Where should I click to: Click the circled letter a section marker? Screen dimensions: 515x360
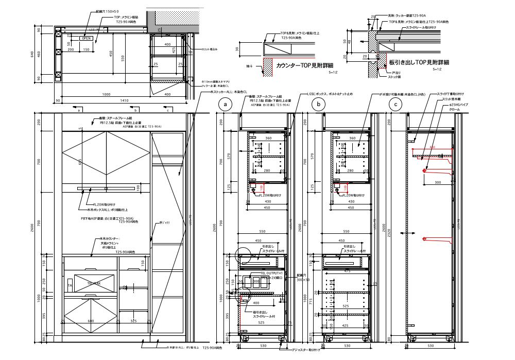pyautogui.click(x=224, y=104)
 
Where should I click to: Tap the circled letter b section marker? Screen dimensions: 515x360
pyautogui.click(x=320, y=104)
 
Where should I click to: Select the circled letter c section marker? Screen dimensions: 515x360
pyautogui.click(x=396, y=104)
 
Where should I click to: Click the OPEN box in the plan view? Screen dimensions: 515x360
pyautogui.click(x=85, y=38)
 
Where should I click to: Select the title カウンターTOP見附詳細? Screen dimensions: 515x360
pyautogui.click(x=305, y=66)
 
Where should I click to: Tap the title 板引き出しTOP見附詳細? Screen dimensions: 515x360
pyautogui.click(x=418, y=62)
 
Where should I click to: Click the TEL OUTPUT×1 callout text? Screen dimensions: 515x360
pyautogui.click(x=271, y=273)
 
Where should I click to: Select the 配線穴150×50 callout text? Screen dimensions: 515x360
pyautogui.click(x=108, y=10)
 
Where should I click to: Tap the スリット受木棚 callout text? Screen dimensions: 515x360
pyautogui.click(x=454, y=99)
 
